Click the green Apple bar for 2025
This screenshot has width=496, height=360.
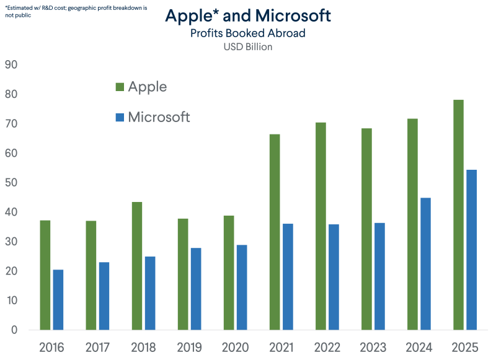click(458, 215)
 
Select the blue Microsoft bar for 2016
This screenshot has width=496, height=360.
click(58, 300)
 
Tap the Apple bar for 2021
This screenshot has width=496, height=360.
click(275, 232)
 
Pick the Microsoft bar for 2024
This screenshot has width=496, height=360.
click(425, 264)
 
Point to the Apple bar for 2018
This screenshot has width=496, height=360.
click(137, 266)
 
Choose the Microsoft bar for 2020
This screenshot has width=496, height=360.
click(242, 288)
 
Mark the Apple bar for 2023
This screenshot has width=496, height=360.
click(366, 229)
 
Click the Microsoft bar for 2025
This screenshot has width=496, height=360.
click(472, 250)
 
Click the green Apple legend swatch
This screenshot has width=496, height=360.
click(120, 87)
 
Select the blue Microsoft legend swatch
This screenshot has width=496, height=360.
click(120, 117)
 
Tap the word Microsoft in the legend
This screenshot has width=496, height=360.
click(159, 117)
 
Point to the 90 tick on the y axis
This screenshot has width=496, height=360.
click(11, 64)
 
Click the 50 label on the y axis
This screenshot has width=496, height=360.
click(11, 182)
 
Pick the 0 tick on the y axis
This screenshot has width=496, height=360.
click(14, 330)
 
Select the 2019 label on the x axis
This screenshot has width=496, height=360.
click(189, 348)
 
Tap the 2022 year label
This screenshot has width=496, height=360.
click(327, 348)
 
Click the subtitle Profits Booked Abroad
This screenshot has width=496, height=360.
click(248, 33)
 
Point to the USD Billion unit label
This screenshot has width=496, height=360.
click(248, 46)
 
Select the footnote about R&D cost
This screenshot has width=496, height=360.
click(76, 11)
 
